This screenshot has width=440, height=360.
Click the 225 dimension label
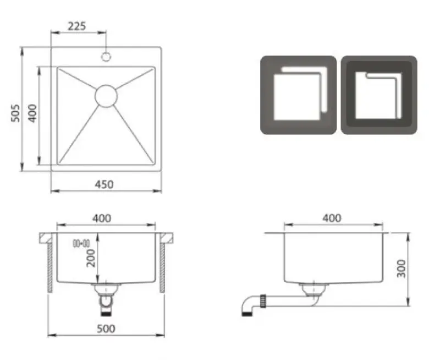point(76,26)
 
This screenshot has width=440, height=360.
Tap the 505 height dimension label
point(15,113)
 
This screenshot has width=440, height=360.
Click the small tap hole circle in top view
point(106,56)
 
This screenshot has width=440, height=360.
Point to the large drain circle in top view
point(106,95)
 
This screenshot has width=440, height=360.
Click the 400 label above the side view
point(331,218)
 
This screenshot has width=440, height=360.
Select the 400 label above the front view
point(102,218)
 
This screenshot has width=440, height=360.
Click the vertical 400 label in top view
point(32,113)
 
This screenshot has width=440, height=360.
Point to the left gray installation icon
point(298,95)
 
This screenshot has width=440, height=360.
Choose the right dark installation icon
point(379,95)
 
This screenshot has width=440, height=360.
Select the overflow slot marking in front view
point(81,242)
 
